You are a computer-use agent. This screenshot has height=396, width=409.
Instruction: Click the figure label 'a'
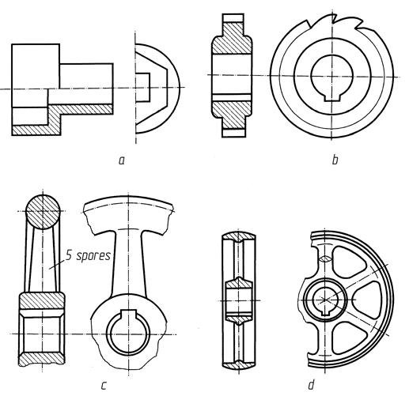click(x=121, y=160)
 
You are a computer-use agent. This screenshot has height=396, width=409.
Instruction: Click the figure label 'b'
click(x=335, y=160)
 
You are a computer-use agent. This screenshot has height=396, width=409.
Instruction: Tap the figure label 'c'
click(x=104, y=386)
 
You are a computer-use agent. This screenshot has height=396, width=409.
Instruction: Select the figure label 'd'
click(x=311, y=385)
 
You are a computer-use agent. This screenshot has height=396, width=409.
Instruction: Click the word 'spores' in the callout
click(x=93, y=256)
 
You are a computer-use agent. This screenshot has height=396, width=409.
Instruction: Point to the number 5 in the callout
click(x=69, y=255)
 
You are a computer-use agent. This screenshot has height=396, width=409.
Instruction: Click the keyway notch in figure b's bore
click(x=331, y=96)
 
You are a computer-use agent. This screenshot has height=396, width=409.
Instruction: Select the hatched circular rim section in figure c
click(x=43, y=212)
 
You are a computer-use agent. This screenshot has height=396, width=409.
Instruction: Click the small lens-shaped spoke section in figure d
click(x=325, y=259)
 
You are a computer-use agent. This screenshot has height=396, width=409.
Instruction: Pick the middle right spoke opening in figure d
click(x=367, y=300)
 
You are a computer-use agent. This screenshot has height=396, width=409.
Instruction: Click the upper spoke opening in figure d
click(x=348, y=262)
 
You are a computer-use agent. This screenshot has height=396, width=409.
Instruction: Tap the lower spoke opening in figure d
click(x=349, y=339)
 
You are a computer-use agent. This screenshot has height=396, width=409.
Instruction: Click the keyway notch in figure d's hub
click(x=326, y=313)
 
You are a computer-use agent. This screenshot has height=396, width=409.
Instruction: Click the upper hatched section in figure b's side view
click(x=232, y=38)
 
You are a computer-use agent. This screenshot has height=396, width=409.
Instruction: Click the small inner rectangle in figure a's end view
click(x=142, y=87)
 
